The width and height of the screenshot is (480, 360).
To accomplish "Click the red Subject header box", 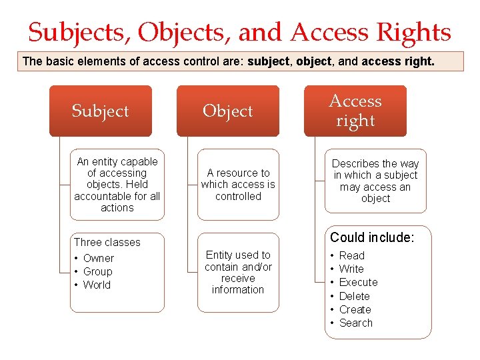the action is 101,111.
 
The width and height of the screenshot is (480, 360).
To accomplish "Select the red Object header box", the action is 228,111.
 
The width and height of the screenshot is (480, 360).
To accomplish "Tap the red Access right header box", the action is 355,111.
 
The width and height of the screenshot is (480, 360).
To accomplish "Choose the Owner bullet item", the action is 98,258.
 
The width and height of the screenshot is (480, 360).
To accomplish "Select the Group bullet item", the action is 97,271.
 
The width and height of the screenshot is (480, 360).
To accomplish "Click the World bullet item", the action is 97,285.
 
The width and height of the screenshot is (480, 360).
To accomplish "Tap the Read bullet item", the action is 351,255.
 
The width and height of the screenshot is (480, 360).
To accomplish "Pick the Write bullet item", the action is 351,269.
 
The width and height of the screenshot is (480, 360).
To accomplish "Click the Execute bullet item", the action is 358,282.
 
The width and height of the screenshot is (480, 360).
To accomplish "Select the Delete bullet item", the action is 354,296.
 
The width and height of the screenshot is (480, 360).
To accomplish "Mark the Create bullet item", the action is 355,309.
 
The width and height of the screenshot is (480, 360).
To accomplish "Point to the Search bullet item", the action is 355,323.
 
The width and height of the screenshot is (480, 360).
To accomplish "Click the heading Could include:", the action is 372,237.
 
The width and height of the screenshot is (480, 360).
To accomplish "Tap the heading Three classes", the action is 107,242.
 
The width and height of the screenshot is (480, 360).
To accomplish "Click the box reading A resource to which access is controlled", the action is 238,185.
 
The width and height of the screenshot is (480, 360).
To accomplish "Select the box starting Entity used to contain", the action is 238,272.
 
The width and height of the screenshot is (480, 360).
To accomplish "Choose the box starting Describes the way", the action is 375,181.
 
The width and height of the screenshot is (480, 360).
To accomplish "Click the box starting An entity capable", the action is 117,185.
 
